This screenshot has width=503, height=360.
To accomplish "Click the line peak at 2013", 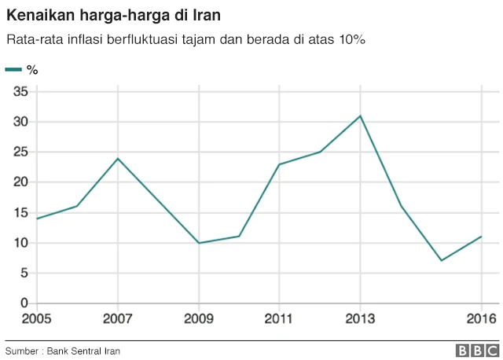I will (x=360, y=116).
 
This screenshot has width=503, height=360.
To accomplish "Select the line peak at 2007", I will (x=118, y=158).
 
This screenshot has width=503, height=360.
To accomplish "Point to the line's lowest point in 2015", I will (x=441, y=260).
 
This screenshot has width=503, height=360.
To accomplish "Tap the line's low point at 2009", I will (x=199, y=243).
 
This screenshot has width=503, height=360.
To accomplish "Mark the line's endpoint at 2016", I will (x=481, y=236).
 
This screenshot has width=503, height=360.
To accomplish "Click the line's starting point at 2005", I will (x=38, y=219).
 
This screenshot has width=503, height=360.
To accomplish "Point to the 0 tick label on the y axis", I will (x=24, y=303).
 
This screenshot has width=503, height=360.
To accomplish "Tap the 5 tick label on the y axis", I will (x=24, y=274).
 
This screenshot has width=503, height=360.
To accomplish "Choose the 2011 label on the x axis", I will (x=279, y=319).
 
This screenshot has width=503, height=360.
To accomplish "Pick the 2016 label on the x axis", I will (x=481, y=319).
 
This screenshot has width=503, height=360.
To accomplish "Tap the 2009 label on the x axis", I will (x=199, y=319).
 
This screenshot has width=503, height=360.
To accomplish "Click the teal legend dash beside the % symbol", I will (x=13, y=70).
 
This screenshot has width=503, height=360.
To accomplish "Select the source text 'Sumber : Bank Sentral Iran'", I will (x=63, y=351).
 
